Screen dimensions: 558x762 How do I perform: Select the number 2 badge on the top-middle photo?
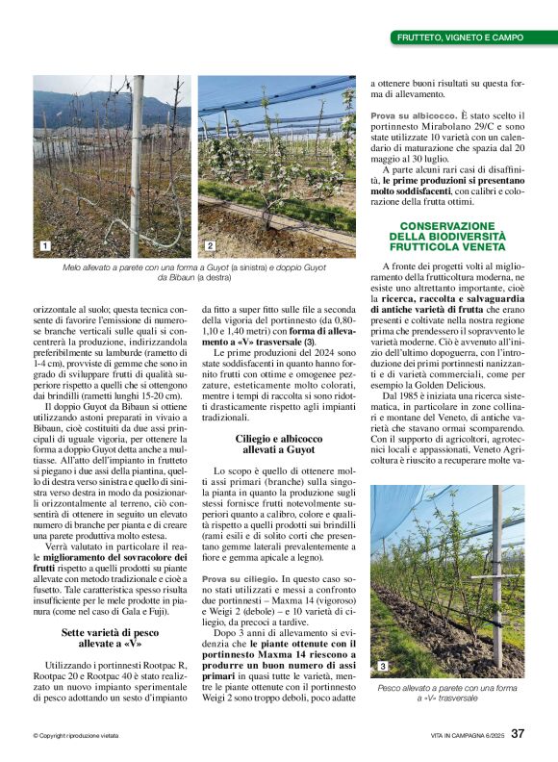[x=210, y=247]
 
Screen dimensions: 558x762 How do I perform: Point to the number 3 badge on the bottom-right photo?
[x=382, y=640]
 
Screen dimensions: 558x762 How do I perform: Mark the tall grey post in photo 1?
[x=136, y=164]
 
